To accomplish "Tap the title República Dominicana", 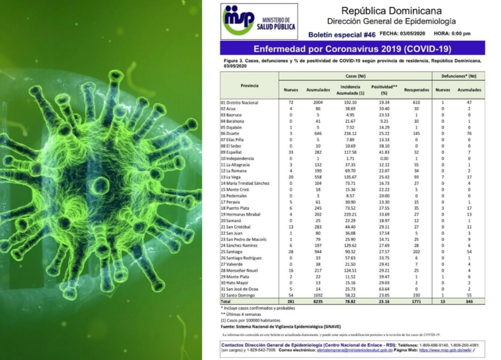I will coord(390,10).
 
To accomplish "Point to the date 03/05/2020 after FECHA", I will coord(410,34).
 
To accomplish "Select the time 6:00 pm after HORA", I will coord(459,34).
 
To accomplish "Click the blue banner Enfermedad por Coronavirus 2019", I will coord(352,48).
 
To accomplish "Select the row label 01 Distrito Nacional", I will coord(240,102).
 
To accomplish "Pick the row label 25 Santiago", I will coord(233,252).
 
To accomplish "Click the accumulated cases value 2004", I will coord(318,102).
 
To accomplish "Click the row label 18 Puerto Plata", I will coord(235,208).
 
